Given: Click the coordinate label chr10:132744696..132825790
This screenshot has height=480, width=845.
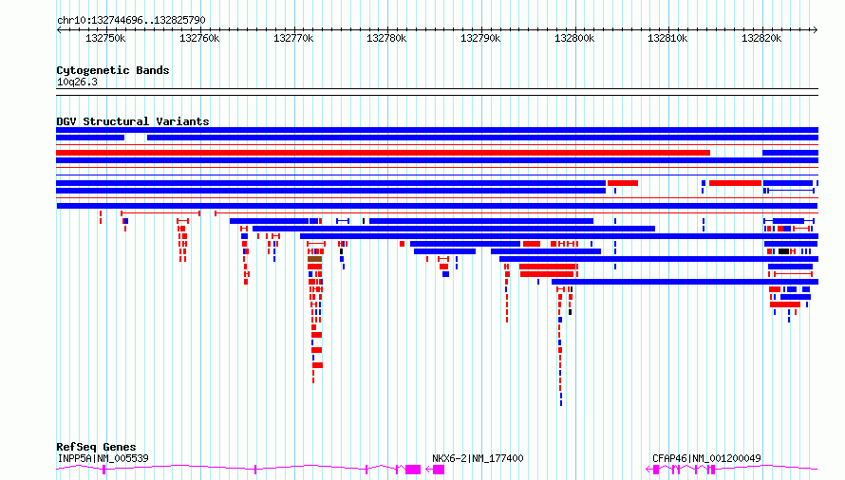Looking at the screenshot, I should pos(131,20).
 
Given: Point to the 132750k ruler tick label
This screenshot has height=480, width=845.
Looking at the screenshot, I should pos(105,39).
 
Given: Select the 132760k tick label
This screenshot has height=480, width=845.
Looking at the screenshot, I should pos(199,39).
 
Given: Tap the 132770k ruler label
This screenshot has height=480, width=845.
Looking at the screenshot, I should pos(292,39).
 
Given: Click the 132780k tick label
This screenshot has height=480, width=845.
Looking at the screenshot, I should pos(386,39).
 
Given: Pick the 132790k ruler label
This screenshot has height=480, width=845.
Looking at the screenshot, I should pos(479,39).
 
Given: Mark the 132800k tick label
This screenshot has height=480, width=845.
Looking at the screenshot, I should pos(573,39).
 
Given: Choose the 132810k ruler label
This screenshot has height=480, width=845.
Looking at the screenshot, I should pos(667,39).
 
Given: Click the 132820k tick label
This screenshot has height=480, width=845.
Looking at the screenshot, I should pos(760,39).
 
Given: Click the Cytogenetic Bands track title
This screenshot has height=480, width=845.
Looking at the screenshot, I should pos(113,70).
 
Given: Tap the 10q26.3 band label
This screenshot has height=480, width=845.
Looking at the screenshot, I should pos(77,82).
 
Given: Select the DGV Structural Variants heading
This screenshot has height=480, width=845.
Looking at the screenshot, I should pos(133,121).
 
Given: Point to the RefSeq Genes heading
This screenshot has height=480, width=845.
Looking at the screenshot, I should pos(96,447).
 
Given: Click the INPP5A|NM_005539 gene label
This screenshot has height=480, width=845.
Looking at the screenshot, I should pos(103,458).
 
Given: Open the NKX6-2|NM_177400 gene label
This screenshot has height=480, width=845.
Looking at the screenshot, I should pos(478,458).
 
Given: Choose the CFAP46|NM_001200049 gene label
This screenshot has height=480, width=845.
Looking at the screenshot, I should pos(706,458).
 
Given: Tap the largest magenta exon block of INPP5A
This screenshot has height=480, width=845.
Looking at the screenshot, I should pos(413,469).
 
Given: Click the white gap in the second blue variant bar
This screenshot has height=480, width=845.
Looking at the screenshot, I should pos(136,138).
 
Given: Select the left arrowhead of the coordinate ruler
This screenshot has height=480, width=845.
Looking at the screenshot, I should pos(60,29).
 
